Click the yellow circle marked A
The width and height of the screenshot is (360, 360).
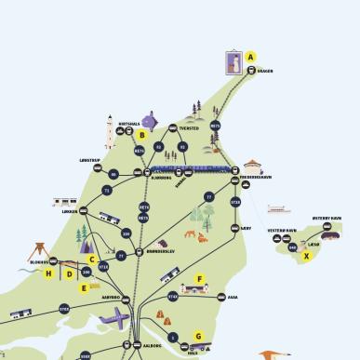coord(250,58)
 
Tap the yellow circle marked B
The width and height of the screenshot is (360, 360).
coord(141,135)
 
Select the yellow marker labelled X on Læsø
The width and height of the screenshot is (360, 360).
coord(307,256)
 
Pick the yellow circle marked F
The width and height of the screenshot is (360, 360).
coord(199,279)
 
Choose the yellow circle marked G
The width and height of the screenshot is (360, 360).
coord(198,336)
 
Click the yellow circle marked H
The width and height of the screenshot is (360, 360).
coord(48,274)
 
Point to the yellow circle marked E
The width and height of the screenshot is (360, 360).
coord(83,287)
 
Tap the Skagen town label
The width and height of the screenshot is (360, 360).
coord(265,71)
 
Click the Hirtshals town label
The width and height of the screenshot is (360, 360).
coord(129,123)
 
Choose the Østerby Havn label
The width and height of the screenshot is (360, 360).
coord(327,220)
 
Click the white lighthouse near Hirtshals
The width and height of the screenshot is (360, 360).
coord(109,133)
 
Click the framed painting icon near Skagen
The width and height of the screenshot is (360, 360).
coord(233,62)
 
